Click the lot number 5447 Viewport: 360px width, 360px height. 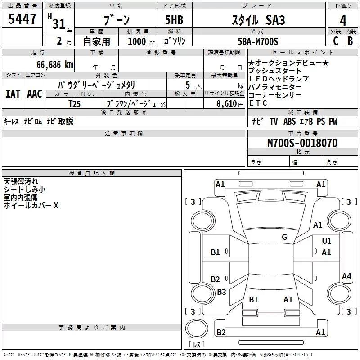(22, 19)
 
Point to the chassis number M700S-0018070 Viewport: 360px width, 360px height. (302, 143)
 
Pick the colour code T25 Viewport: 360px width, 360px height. (75, 103)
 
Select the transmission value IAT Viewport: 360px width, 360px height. (13, 94)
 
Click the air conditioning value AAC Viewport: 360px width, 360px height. (34, 94)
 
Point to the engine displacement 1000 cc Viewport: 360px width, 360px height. (137, 42)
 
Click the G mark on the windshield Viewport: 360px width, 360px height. (284, 237)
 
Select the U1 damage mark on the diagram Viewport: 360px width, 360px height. (327, 241)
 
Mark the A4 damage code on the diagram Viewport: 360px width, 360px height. (346, 276)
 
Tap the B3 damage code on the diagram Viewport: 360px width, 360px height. (221, 292)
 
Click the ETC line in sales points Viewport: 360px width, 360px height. (258, 103)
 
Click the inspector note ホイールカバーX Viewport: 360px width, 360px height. (31, 206)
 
